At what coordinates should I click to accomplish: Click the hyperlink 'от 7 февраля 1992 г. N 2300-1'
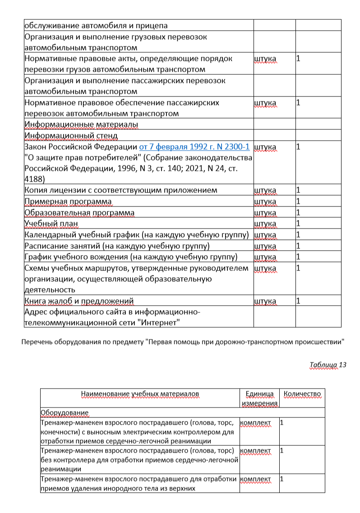tap(194, 147)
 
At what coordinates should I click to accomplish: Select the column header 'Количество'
tap(302, 394)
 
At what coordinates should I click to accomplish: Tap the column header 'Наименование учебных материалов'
tap(140, 394)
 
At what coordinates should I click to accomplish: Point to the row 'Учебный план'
tap(46, 224)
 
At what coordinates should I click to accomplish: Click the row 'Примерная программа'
tap(68, 201)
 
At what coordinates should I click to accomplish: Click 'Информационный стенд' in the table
tap(71, 136)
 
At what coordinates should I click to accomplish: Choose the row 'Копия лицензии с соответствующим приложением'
tap(120, 190)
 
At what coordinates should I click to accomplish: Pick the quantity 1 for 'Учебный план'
tap(298, 223)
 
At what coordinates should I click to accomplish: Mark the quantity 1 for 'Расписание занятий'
tap(298, 246)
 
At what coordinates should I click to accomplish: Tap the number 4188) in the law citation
tap(34, 179)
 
